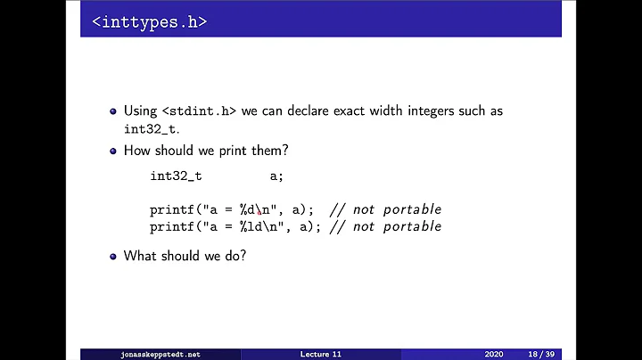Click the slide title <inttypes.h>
149,21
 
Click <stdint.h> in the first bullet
194,111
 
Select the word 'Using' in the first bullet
140,111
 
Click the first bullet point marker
113,112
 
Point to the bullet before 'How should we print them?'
113,151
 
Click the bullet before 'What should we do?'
113,257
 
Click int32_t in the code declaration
176,176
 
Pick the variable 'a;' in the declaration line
276,176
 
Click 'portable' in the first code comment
412,209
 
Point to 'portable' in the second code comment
412,226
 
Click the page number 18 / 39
539,354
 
